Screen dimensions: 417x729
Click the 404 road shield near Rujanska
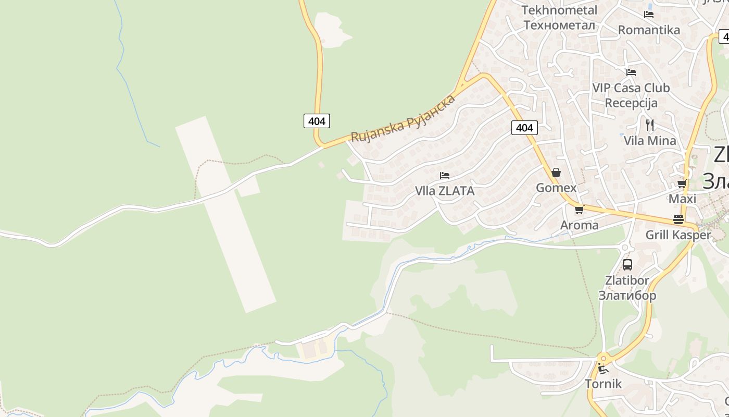[317, 121]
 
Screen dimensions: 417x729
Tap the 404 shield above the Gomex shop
[524, 128]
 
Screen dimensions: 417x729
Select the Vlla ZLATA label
[445, 191]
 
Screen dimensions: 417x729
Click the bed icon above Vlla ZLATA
[445, 176]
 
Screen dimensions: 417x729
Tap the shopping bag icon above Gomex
[556, 173]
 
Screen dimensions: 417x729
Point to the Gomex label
[556, 188]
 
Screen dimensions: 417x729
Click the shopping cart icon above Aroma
[579, 210]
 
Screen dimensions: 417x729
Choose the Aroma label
[579, 225]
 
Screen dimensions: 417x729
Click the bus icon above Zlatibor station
[627, 264]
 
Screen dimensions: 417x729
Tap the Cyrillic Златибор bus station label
[627, 296]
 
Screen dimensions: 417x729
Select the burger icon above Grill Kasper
[678, 219]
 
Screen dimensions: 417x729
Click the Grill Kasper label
[678, 235]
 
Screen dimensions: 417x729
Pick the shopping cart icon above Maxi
[682, 184]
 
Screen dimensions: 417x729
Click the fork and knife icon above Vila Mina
[650, 125]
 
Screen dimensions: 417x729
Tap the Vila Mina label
[650, 140]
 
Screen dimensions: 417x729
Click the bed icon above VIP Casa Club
[631, 72]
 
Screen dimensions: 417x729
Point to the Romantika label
[649, 30]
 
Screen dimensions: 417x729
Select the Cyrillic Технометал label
[559, 25]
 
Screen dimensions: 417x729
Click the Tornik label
[603, 384]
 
